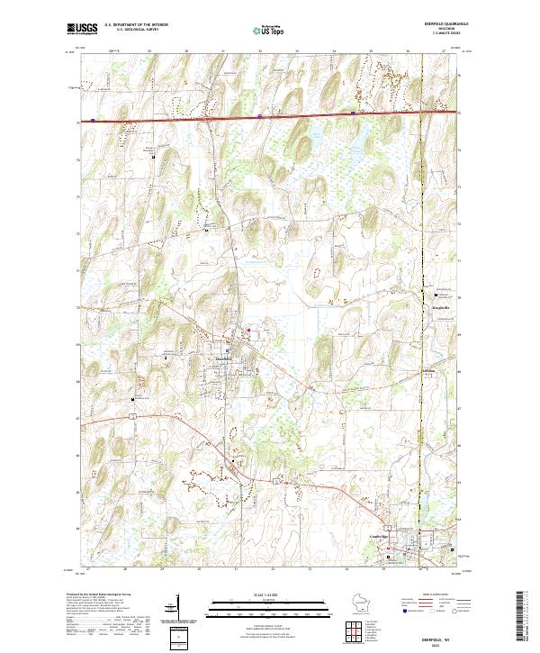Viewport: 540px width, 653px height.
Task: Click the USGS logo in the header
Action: tap(82, 29)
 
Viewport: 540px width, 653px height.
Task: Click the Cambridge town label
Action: tap(384, 538)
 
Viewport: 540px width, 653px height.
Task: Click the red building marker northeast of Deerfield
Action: tap(248, 330)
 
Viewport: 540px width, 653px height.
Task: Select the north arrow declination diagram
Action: tap(179, 608)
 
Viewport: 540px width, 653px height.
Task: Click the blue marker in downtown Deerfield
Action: tap(229, 350)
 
